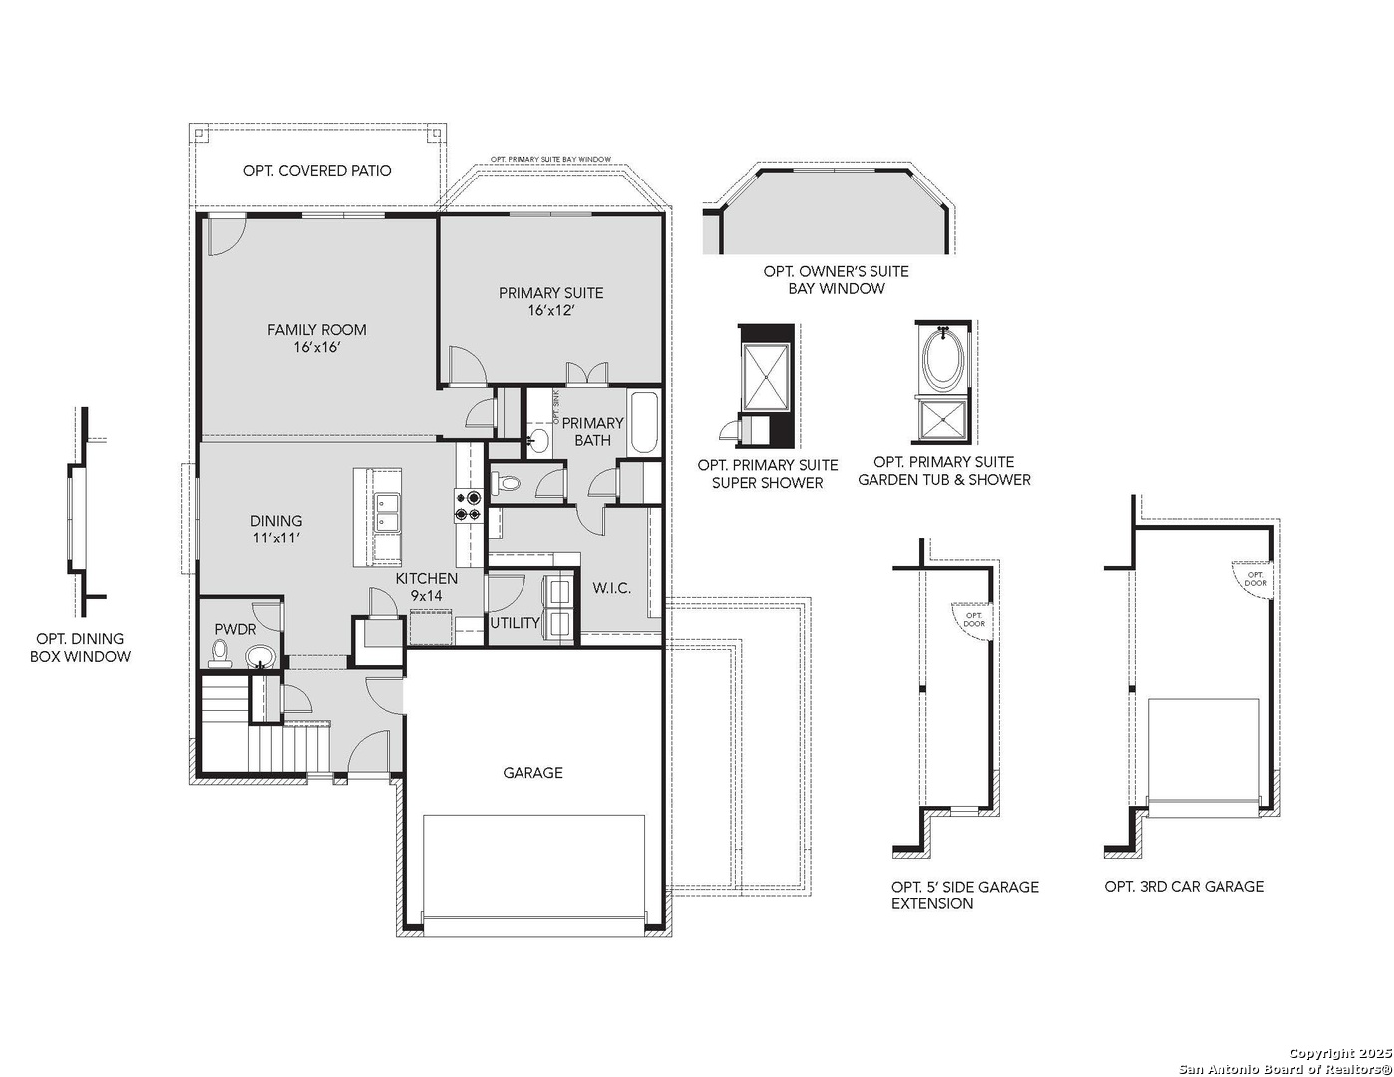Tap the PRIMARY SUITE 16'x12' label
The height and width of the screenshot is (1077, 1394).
(550, 301)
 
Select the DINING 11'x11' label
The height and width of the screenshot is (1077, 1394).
(276, 529)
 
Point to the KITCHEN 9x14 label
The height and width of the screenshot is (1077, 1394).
(426, 587)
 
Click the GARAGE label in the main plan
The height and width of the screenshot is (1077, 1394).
(532, 773)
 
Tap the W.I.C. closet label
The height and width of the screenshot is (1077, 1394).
(611, 588)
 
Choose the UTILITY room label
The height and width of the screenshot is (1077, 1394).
(515, 623)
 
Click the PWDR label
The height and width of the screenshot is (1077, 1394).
(235, 630)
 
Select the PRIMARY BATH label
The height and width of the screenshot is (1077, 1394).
(592, 431)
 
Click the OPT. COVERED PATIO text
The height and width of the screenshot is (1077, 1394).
(317, 171)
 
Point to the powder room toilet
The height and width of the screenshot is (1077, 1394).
(219, 654)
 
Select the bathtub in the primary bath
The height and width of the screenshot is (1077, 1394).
(643, 423)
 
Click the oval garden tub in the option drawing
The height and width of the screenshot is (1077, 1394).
(942, 361)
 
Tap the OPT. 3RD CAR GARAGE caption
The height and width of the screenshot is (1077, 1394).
(1184, 886)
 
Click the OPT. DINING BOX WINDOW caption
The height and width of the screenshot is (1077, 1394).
(80, 648)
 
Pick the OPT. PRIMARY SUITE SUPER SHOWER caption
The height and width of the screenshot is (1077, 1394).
(767, 474)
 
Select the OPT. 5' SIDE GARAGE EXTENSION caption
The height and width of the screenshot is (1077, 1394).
(964, 896)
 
